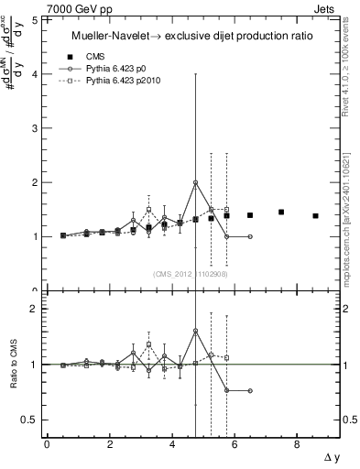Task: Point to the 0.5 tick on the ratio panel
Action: pos(30,420)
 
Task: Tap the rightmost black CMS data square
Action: pos(315,216)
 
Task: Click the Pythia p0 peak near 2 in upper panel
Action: pos(195,182)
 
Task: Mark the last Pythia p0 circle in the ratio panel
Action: pos(250,390)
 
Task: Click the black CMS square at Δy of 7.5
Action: pos(281,213)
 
